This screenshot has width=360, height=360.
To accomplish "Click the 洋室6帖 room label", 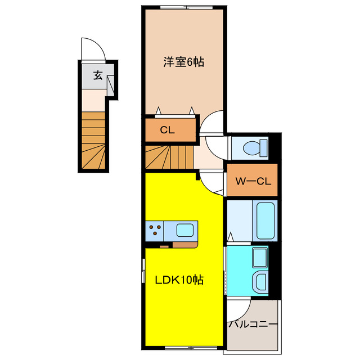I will click(x=184, y=62).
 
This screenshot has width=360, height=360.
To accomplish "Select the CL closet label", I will click(x=167, y=130).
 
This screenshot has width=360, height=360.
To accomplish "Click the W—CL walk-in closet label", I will click(x=253, y=181).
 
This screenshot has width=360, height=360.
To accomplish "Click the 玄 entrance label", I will click(x=98, y=75).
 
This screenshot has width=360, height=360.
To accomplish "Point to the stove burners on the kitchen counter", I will click(x=155, y=230).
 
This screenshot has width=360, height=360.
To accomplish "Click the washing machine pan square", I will click(x=259, y=259).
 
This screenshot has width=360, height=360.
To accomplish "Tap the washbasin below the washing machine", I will click(x=259, y=281).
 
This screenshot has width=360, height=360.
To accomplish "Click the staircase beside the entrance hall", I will click(x=93, y=141).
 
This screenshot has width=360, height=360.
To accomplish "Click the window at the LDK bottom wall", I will click(x=183, y=348).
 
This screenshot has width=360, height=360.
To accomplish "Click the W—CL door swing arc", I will click(x=213, y=183).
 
